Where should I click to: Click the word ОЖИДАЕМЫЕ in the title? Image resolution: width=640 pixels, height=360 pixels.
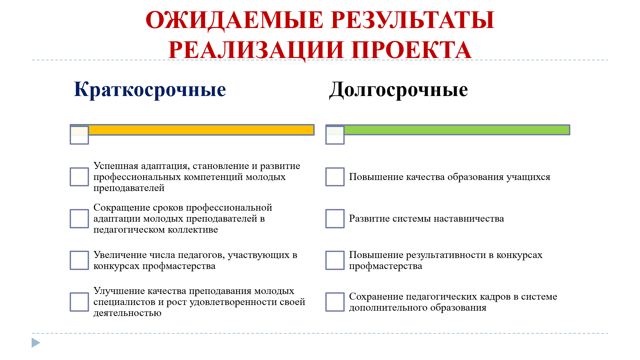[234, 20]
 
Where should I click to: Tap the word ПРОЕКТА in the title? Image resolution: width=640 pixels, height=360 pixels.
[412, 50]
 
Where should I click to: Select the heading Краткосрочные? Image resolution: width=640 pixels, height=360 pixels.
[150, 89]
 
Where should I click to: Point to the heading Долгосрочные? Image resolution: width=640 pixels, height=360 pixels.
[399, 90]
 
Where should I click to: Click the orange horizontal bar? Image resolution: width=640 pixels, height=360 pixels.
[201, 130]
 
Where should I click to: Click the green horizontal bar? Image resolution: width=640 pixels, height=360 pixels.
[457, 130]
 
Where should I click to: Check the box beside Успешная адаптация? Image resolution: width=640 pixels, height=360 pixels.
[79, 177]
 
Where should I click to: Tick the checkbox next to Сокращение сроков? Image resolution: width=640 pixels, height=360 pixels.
[79, 219]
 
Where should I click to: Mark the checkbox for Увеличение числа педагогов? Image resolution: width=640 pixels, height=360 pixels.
[79, 260]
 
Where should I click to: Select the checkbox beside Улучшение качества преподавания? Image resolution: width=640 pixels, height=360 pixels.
[79, 302]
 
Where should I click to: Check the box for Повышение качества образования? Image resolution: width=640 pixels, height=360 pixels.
[335, 177]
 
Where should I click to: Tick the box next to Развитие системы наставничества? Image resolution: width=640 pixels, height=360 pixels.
[335, 219]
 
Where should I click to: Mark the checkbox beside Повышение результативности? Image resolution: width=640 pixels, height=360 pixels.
[335, 260]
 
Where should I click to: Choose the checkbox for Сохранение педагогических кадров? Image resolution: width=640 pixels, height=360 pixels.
[335, 302]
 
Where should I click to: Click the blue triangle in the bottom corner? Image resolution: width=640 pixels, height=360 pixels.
[36, 343]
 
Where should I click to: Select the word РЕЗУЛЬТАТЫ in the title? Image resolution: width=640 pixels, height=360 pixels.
[413, 20]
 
